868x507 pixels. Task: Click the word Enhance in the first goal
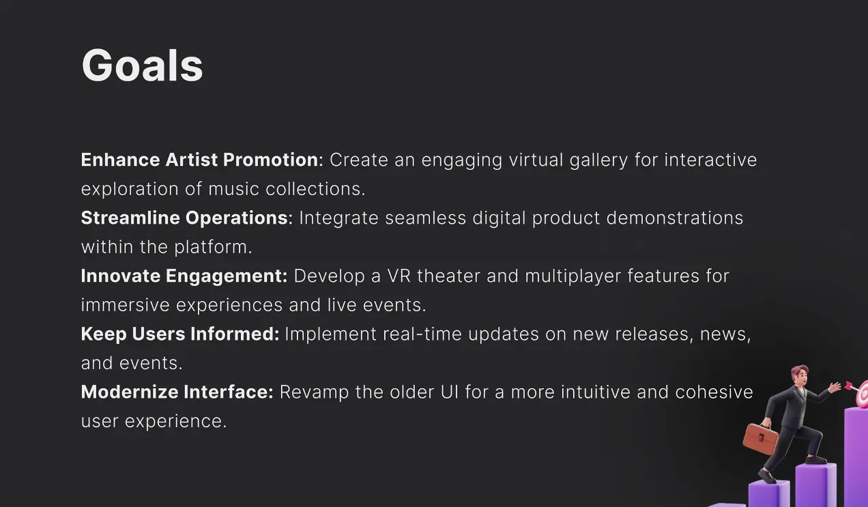[x=121, y=160]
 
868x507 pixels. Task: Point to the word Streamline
[x=130, y=218]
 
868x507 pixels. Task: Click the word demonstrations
[x=675, y=218]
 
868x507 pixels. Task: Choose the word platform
[x=213, y=248]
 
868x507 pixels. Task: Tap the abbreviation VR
[x=399, y=276]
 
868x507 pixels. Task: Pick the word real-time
[x=422, y=334]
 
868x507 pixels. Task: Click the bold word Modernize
[x=130, y=392]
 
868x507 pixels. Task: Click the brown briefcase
[x=760, y=439]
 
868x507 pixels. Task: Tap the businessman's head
[x=800, y=375]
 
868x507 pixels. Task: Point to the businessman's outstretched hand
[x=835, y=387]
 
